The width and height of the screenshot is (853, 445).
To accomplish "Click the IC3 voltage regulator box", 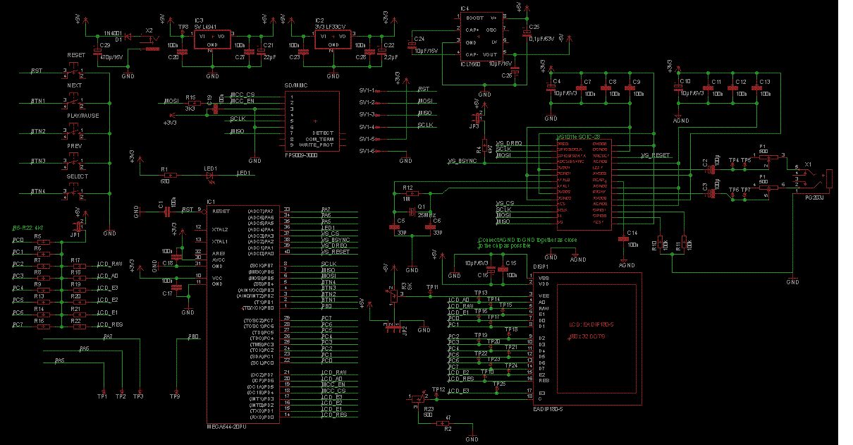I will [211, 39].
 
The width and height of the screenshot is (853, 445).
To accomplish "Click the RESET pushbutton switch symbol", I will [75, 71].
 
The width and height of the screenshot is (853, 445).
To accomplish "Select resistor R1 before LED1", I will [166, 173].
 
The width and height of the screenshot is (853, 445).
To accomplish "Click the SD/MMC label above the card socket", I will [294, 85].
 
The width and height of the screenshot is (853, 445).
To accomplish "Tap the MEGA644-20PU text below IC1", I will [226, 427].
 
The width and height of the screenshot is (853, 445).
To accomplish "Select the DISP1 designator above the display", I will [541, 267].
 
